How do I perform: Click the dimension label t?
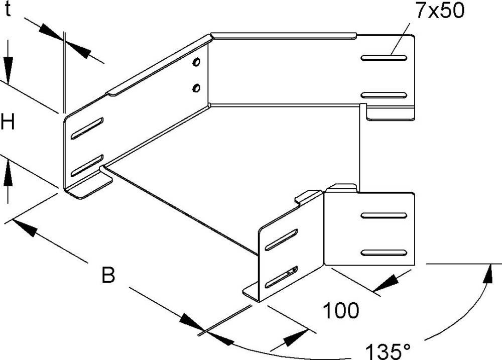click(x=8, y=11)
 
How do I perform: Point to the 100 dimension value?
click(x=340, y=311)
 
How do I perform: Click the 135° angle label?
click(x=387, y=349)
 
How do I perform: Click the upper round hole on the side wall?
click(x=196, y=63)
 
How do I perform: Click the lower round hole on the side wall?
click(x=196, y=89)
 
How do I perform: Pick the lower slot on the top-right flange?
click(x=383, y=95)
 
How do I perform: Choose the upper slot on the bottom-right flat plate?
click(x=383, y=216)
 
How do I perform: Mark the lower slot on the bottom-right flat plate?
click(x=383, y=253)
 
